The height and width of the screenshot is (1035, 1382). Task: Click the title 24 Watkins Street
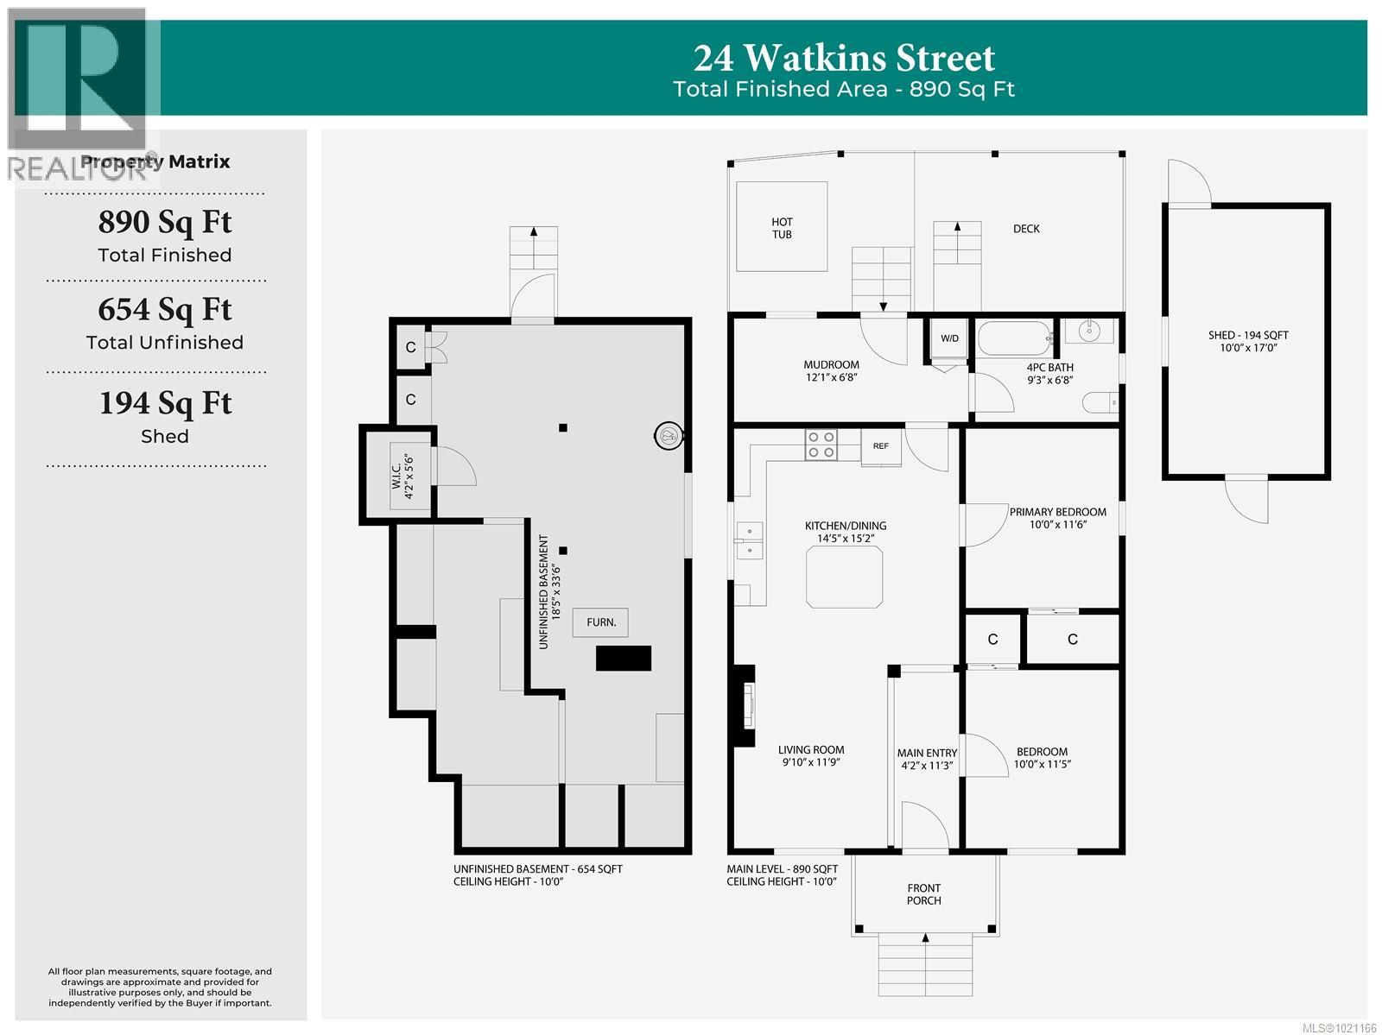pyautogui.click(x=844, y=59)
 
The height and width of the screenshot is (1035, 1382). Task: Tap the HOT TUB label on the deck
pyautogui.click(x=782, y=228)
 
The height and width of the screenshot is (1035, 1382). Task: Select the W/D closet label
pyautogui.click(x=949, y=338)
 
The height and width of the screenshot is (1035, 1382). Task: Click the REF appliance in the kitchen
pyautogui.click(x=880, y=447)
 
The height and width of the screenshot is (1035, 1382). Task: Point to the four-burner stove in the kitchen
pyautogui.click(x=820, y=445)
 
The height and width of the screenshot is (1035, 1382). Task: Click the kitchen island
pyautogui.click(x=845, y=577)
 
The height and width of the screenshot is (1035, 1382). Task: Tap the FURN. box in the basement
pyautogui.click(x=601, y=622)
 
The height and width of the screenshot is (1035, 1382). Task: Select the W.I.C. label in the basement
pyautogui.click(x=403, y=477)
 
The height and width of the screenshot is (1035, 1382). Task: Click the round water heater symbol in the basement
pyautogui.click(x=668, y=437)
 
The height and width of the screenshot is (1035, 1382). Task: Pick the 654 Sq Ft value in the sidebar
pyautogui.click(x=164, y=309)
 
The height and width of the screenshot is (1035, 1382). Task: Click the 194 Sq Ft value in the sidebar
pyautogui.click(x=164, y=403)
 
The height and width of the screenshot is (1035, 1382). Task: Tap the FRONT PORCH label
pyautogui.click(x=923, y=894)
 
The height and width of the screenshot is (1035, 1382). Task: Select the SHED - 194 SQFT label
pyautogui.click(x=1248, y=341)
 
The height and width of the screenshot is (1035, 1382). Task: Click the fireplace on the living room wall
pyautogui.click(x=743, y=706)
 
